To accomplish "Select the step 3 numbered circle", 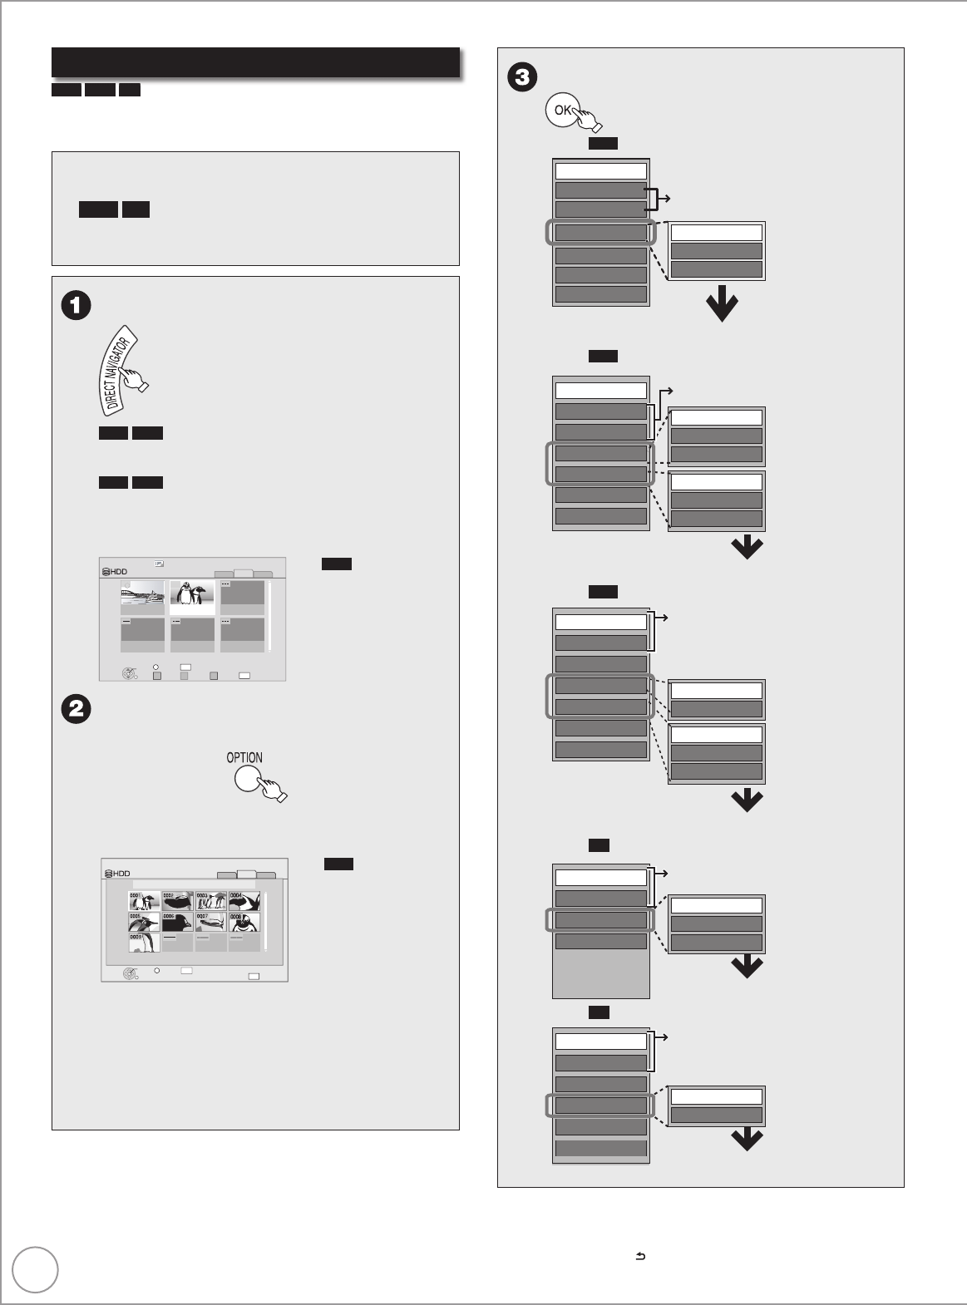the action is [x=521, y=78].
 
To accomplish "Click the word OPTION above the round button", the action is [x=244, y=757].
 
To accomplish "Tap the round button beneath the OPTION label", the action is [x=249, y=779].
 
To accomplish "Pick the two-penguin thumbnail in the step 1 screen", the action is [x=192, y=598].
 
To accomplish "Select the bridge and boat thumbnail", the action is [x=142, y=597].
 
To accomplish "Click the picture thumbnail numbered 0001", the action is [x=144, y=901].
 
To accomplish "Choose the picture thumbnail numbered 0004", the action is [x=244, y=901].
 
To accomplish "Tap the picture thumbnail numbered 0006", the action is [x=177, y=922].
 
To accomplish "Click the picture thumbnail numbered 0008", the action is [x=244, y=922].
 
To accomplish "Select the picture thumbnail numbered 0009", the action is [x=144, y=942].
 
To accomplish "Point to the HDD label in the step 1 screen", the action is [x=116, y=573].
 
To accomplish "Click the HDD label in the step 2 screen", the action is [x=117, y=874].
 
